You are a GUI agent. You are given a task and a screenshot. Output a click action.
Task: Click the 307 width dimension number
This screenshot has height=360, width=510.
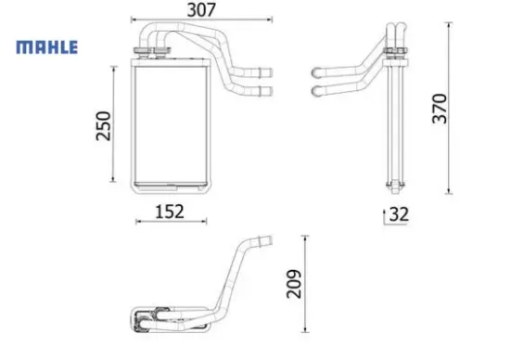click(202, 12)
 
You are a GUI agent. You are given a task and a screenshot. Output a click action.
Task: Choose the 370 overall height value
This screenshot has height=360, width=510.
click(439, 109)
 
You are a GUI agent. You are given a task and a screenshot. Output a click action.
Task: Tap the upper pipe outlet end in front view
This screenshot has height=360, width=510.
click(267, 71)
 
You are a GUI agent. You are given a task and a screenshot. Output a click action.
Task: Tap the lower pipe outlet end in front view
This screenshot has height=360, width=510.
click(267, 90)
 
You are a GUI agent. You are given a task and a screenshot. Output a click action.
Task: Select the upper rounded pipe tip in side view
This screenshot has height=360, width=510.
click(318, 71)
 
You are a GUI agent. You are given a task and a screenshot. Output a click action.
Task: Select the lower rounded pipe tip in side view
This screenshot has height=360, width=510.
click(318, 90)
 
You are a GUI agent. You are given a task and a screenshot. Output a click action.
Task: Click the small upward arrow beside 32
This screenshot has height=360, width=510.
click(384, 215)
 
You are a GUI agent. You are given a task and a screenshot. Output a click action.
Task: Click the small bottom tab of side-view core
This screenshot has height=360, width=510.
click(397, 183)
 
